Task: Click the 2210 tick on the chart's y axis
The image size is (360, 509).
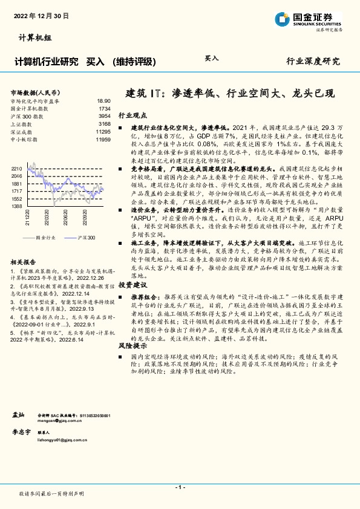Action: [17, 169]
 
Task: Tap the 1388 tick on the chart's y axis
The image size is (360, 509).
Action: [17, 206]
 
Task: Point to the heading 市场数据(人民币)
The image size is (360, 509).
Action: [34, 92]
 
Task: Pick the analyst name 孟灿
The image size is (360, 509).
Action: [18, 415]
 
